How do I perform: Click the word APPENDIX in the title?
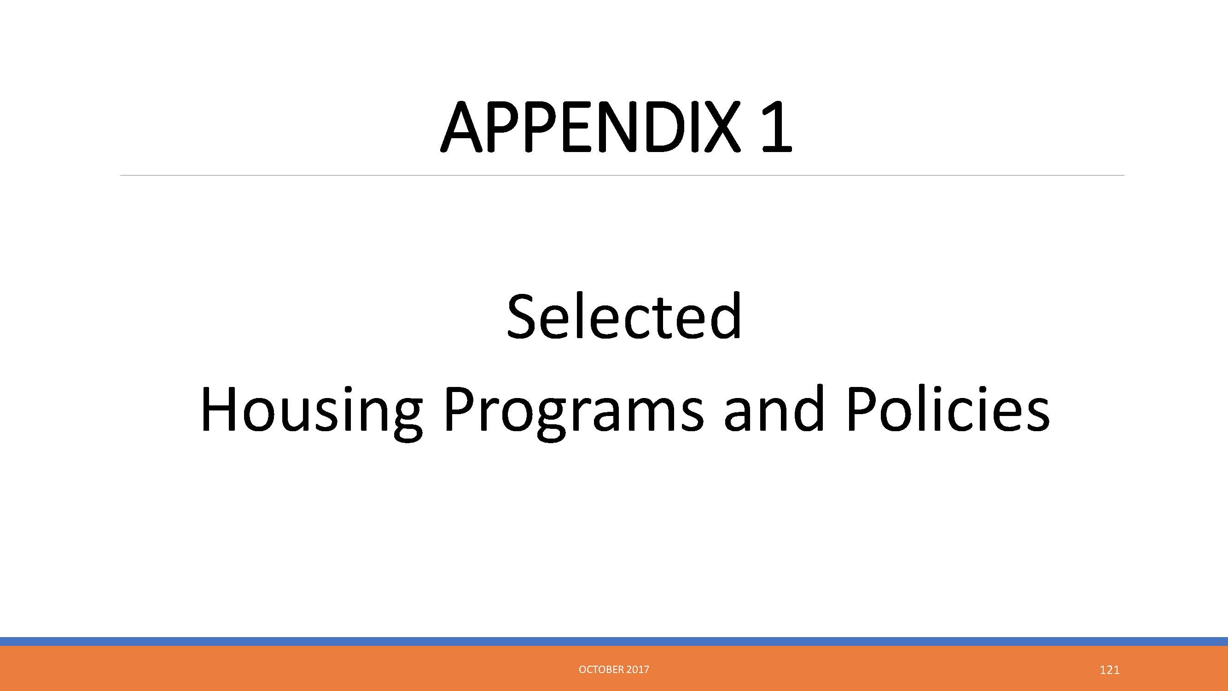pyautogui.click(x=591, y=127)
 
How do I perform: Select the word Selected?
pyautogui.click(x=624, y=316)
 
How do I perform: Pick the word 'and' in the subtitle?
pyautogui.click(x=774, y=408)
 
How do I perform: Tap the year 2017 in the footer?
pyautogui.click(x=638, y=669)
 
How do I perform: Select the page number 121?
pyautogui.click(x=1109, y=670)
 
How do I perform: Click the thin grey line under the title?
pyautogui.click(x=622, y=176)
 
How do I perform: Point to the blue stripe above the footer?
pyautogui.click(x=614, y=641)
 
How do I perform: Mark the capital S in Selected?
pyautogui.click(x=524, y=316)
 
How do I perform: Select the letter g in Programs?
pyautogui.click(x=551, y=420)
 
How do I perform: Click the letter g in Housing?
pyautogui.click(x=406, y=420)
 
